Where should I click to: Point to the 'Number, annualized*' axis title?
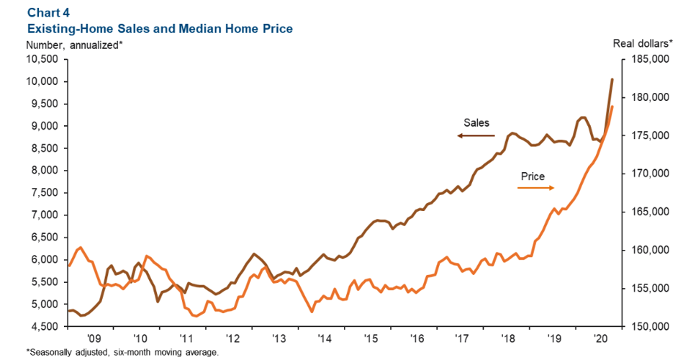pos(74,45)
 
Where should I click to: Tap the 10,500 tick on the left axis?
pos(41,59)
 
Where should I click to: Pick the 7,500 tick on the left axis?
pos(43,193)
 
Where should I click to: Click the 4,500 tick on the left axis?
pos(43,327)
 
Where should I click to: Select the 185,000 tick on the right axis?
pos(646,59)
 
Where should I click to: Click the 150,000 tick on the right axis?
pos(646,327)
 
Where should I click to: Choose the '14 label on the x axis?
pos(325,337)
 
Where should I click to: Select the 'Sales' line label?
pos(476,122)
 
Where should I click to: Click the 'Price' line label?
pos(533,176)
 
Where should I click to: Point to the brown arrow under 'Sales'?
pos(475,135)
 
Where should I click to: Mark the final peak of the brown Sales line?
pos(612,79)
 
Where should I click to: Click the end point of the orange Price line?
pos(612,107)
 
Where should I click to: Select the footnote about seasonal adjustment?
pos(122,353)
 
